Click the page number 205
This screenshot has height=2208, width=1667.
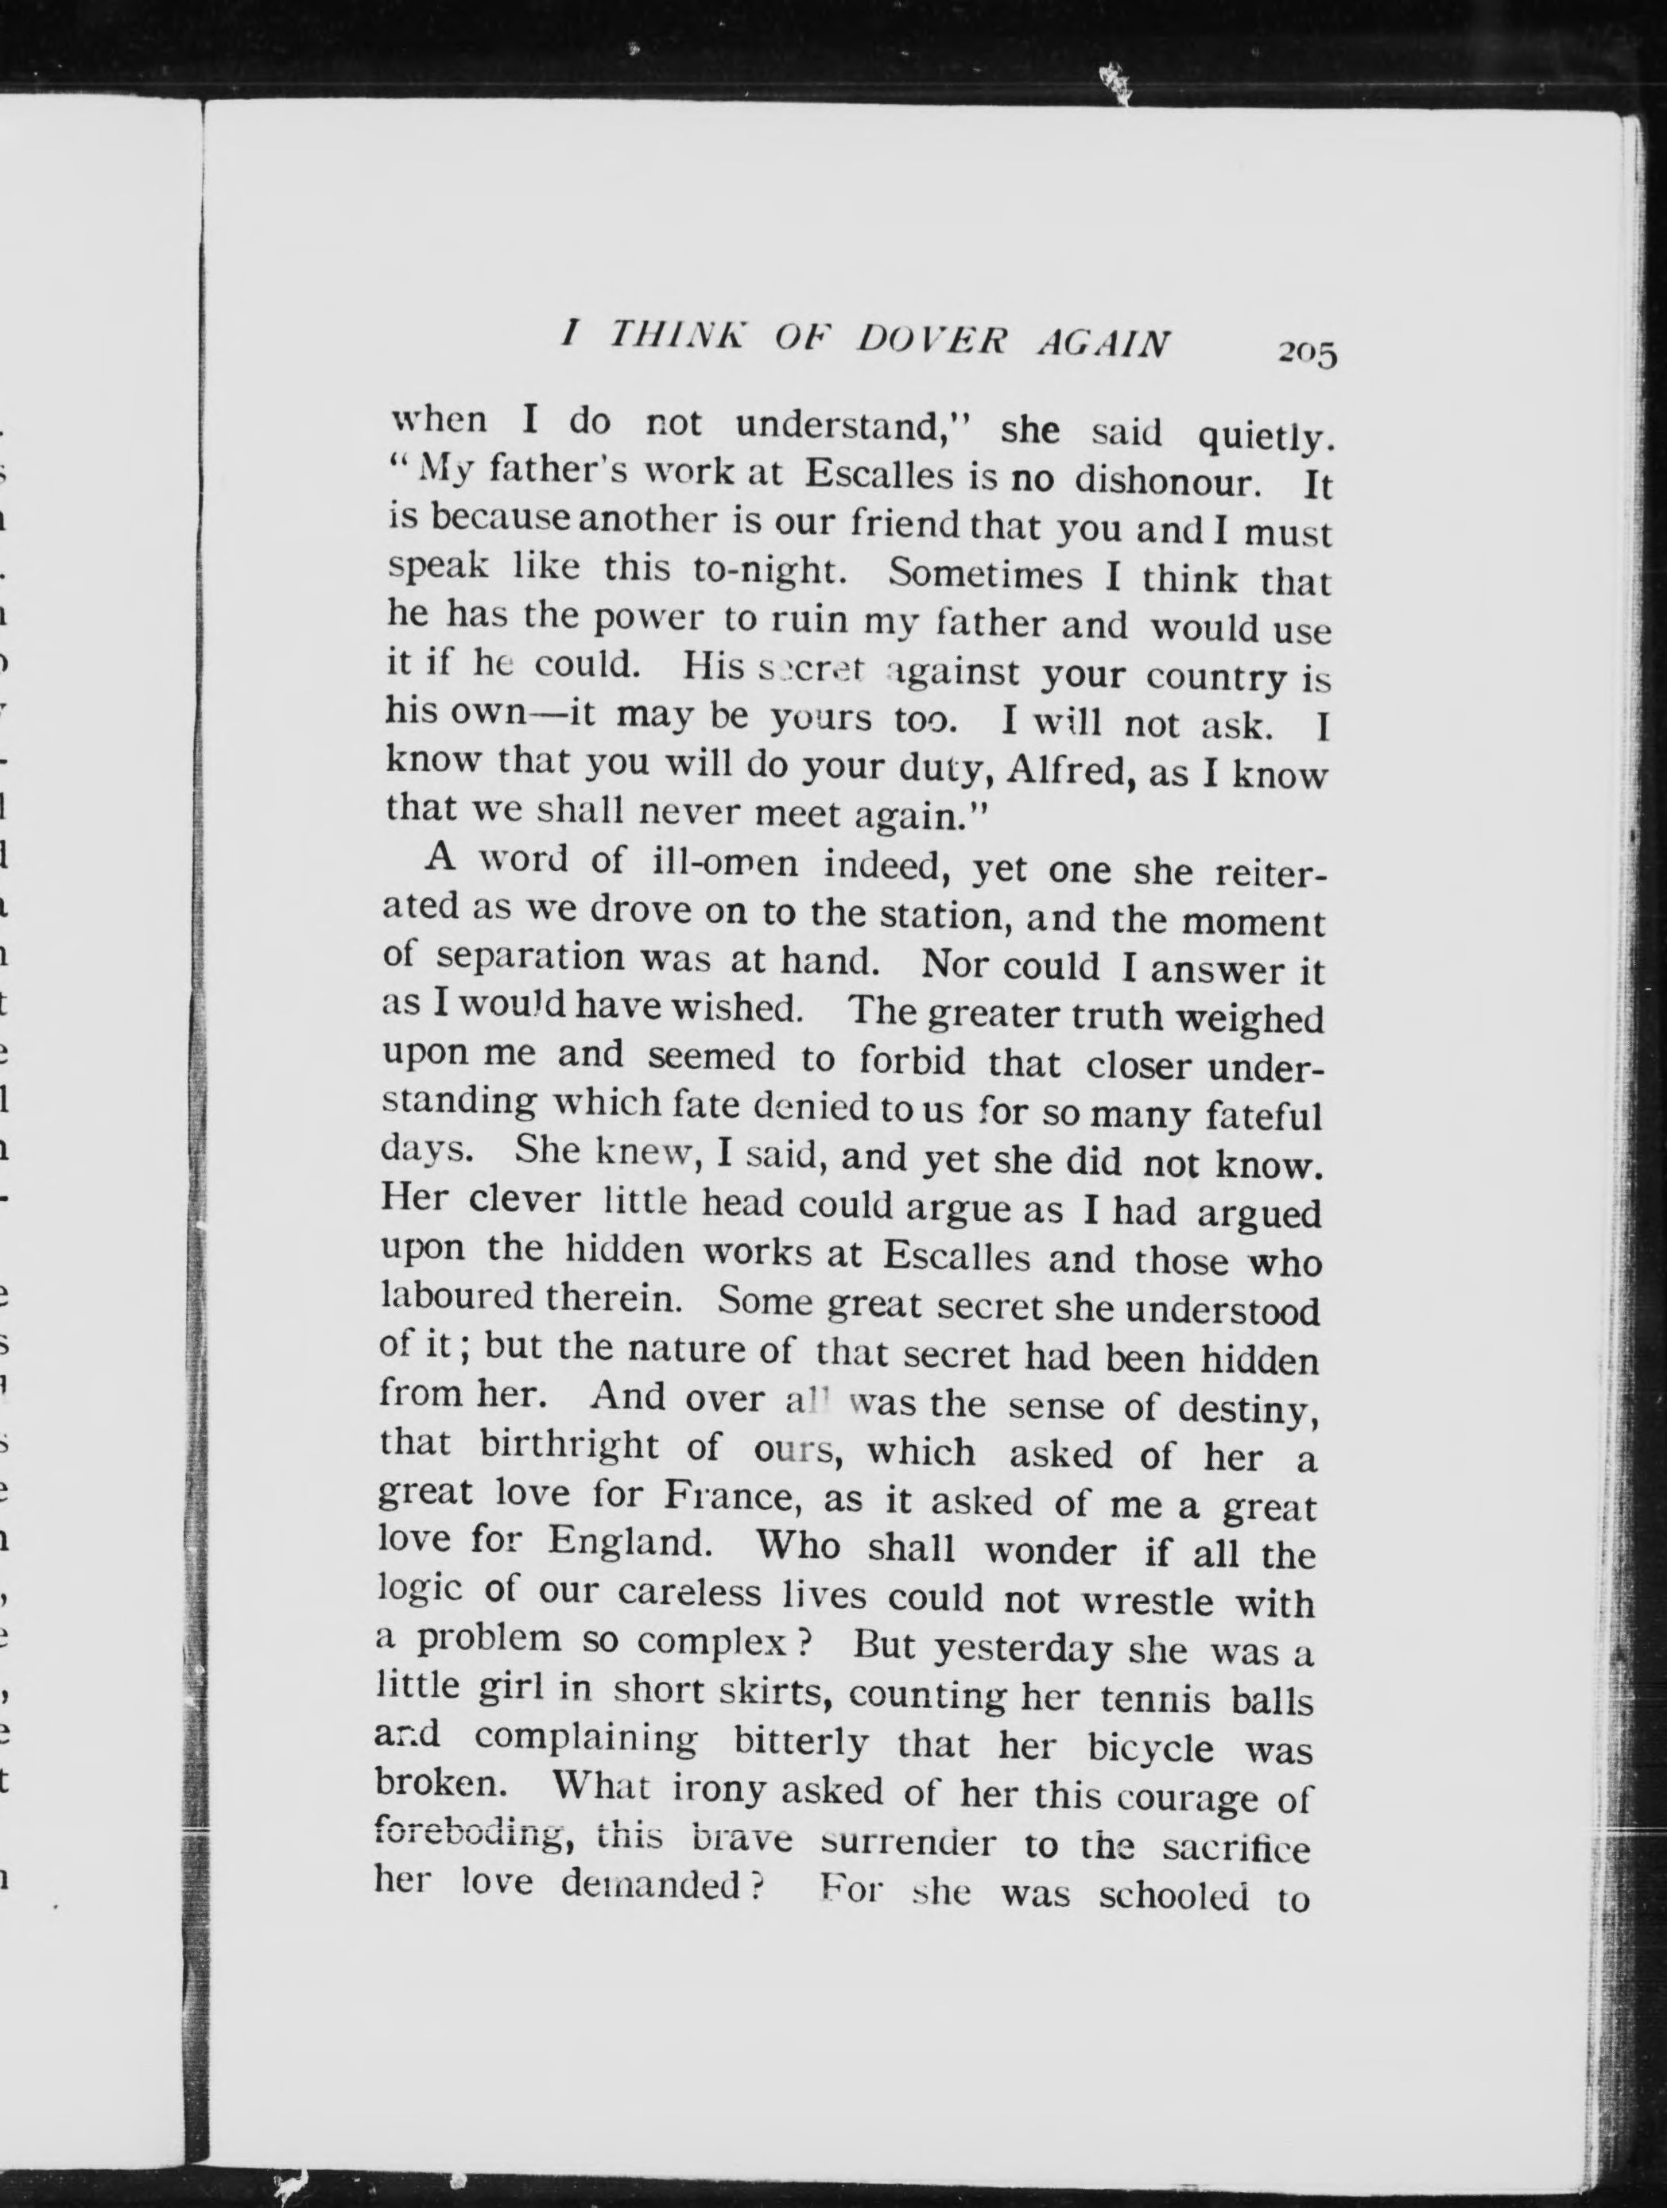click(1305, 354)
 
